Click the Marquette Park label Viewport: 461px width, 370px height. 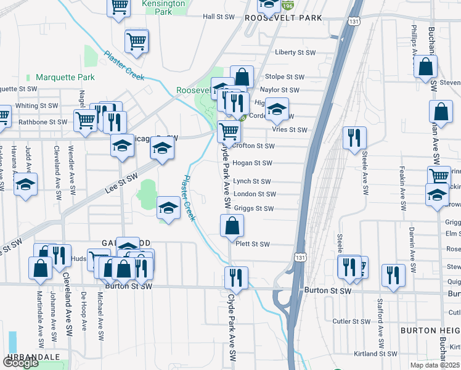[x=65, y=77]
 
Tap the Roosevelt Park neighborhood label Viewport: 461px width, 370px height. [x=284, y=18]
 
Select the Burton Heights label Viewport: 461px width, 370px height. [x=430, y=331]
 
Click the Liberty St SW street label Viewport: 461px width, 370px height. [x=295, y=52]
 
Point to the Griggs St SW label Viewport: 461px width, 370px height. [x=254, y=209]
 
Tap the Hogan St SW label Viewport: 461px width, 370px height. [x=253, y=163]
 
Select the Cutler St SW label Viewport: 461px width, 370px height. [x=351, y=321]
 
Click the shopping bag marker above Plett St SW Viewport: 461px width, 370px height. [x=232, y=226]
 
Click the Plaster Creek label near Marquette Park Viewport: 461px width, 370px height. [x=123, y=65]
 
